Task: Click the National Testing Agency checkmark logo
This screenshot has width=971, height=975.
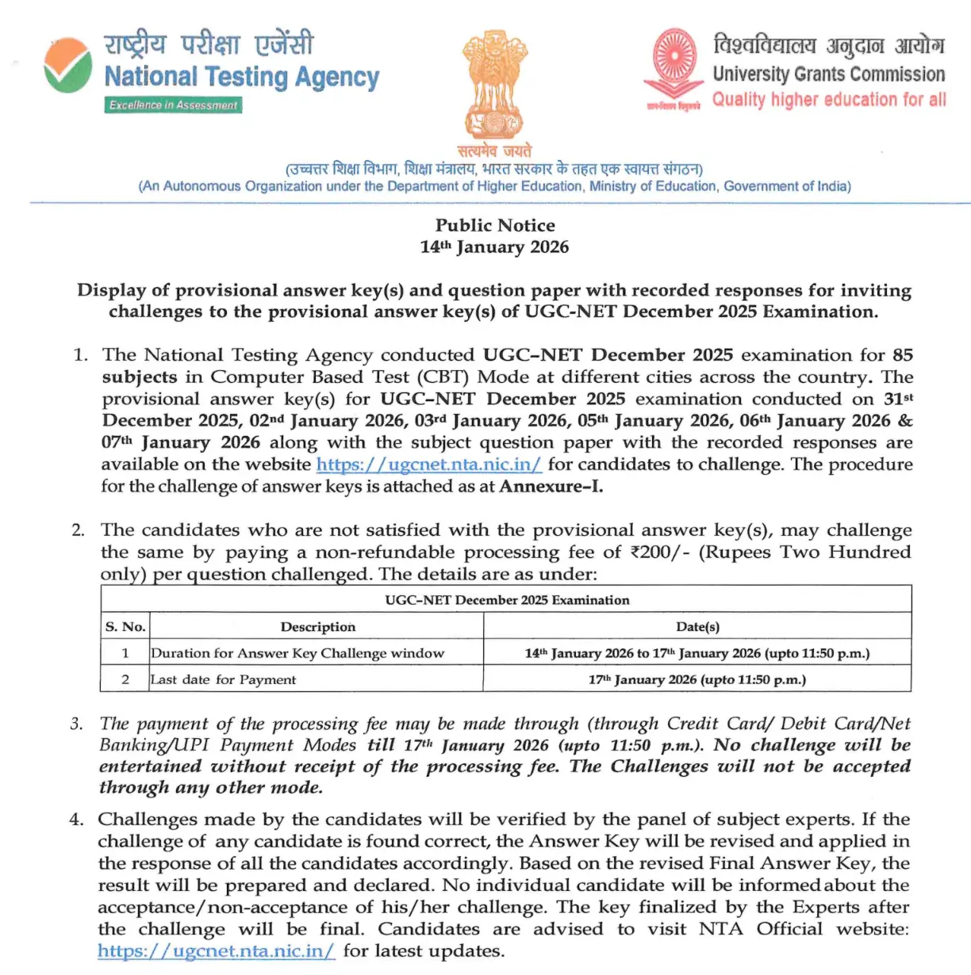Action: (x=67, y=65)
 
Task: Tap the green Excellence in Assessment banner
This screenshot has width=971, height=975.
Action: (x=173, y=105)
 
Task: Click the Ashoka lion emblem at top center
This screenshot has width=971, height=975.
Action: (x=494, y=84)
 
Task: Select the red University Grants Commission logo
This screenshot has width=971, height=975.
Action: (x=674, y=67)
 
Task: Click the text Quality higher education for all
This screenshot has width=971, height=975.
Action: (x=828, y=100)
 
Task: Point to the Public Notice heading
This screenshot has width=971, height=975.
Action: (x=495, y=225)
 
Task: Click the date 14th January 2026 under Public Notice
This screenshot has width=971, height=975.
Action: (x=494, y=247)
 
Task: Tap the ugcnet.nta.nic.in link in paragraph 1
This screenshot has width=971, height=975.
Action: (x=428, y=465)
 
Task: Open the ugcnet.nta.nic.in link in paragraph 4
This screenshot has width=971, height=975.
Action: (x=217, y=951)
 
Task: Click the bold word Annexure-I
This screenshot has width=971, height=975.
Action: (x=551, y=486)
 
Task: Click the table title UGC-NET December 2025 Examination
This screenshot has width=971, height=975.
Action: (x=507, y=600)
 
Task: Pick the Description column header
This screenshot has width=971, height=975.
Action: (x=317, y=626)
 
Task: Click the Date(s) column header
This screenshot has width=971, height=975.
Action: (x=697, y=626)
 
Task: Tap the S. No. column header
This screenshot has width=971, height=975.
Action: (x=125, y=626)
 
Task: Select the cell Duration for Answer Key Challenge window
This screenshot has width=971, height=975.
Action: (x=297, y=653)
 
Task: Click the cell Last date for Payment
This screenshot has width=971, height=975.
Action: (x=223, y=679)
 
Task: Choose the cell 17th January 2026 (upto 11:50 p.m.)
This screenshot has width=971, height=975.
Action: (x=697, y=679)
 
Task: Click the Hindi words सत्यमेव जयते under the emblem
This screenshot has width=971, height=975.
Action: (x=494, y=151)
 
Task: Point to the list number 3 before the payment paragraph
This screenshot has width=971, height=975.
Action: (x=76, y=724)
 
